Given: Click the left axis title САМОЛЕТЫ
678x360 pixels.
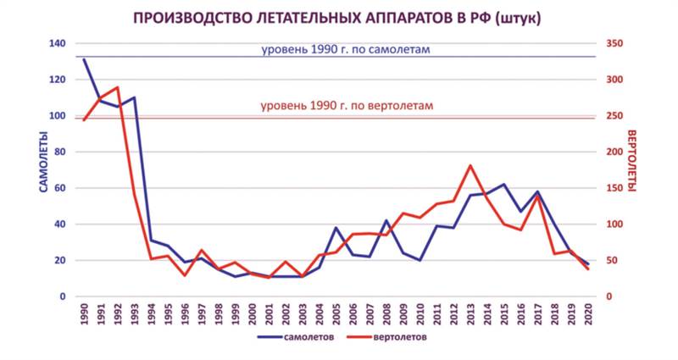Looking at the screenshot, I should pos(41,161).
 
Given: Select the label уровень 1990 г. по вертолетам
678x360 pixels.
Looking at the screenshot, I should pos(347,107).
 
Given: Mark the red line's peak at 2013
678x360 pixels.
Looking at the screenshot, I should pos(470,165).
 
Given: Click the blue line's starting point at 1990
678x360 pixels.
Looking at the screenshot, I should pos(84,59).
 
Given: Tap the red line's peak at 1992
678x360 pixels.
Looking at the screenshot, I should pos(117,87).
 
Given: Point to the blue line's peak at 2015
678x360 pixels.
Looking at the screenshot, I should pos(503,184).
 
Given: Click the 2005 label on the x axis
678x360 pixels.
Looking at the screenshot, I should pos(336,313).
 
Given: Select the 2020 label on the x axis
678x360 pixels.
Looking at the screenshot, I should pos(587,313).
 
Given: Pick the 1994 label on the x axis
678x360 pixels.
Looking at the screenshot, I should pos(151,313).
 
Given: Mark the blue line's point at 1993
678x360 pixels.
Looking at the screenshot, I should pos(134,97).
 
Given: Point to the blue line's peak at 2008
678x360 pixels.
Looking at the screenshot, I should pos(386,220).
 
